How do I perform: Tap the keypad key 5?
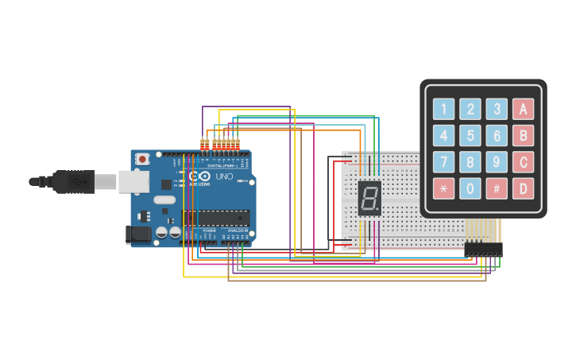pyautogui.click(x=470, y=136)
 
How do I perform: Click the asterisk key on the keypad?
pyautogui.click(x=443, y=188)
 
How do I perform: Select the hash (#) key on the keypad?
pyautogui.click(x=497, y=188)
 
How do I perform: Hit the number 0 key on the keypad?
pyautogui.click(x=470, y=188)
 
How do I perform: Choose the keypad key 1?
pyautogui.click(x=443, y=110)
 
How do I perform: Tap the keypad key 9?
pyautogui.click(x=497, y=162)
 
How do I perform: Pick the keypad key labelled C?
pyautogui.click(x=523, y=162)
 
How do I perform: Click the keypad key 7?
pyautogui.click(x=443, y=162)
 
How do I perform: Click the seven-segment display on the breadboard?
pyautogui.click(x=369, y=198)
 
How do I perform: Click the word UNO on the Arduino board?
pyautogui.click(x=224, y=176)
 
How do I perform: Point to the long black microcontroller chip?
pyautogui.click(x=216, y=217)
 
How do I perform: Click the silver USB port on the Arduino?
pyautogui.click(x=133, y=182)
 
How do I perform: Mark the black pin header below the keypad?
pyautogui.click(x=483, y=250)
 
